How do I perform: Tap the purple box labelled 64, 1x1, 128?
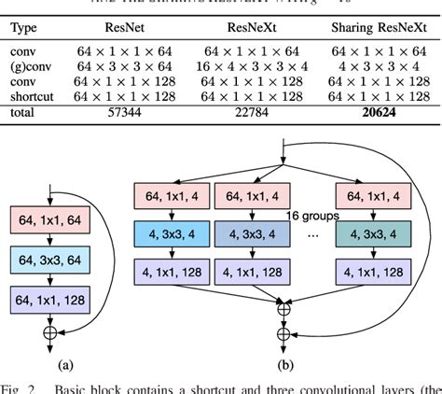pyautogui.click(x=48, y=300)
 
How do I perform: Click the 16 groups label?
pyautogui.click(x=312, y=215)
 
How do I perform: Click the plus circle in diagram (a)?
pyautogui.click(x=48, y=331)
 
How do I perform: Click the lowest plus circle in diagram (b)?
pyautogui.click(x=283, y=333)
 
